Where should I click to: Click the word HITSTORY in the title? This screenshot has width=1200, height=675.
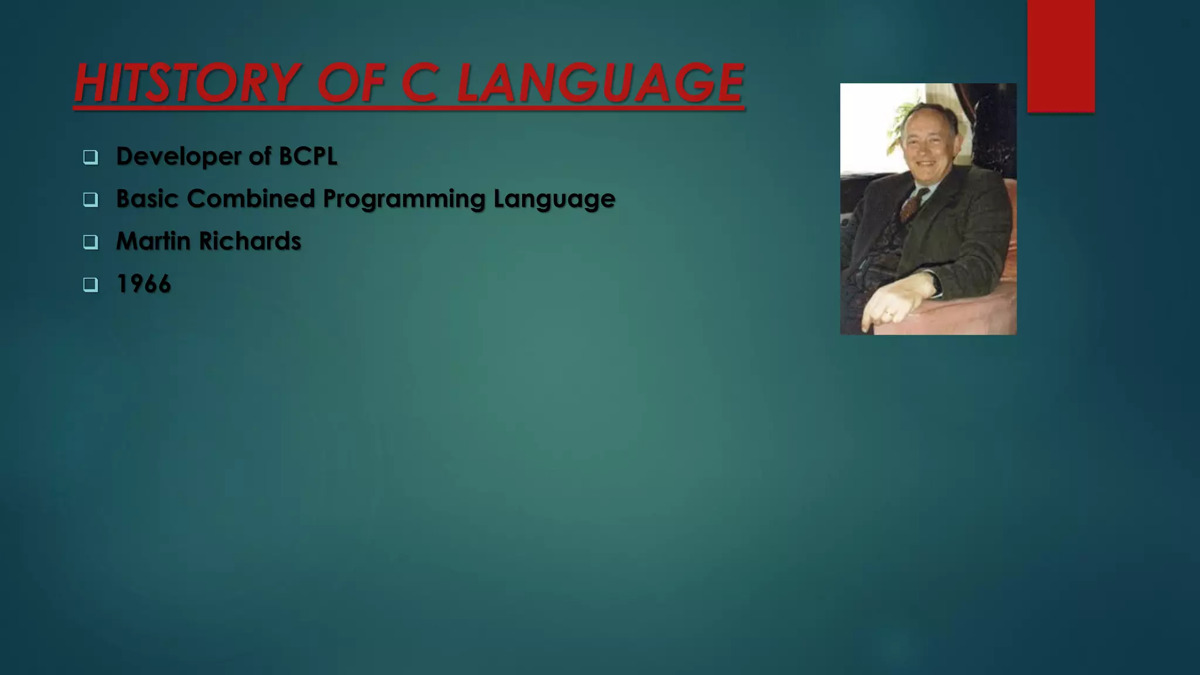[x=186, y=83]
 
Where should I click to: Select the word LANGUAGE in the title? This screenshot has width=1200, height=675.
[x=600, y=83]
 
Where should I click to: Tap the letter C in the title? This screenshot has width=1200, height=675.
[x=420, y=83]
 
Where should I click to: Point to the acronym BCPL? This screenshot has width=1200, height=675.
[x=308, y=156]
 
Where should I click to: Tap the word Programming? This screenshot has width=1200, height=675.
[x=404, y=199]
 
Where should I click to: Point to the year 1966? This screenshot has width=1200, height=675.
[x=144, y=284]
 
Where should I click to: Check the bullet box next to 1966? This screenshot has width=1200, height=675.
[x=90, y=285]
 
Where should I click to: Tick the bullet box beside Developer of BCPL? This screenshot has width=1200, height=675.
[x=90, y=157]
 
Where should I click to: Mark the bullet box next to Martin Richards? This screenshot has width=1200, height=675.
[x=90, y=242]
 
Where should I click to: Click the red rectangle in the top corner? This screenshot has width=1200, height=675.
[x=1061, y=56]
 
